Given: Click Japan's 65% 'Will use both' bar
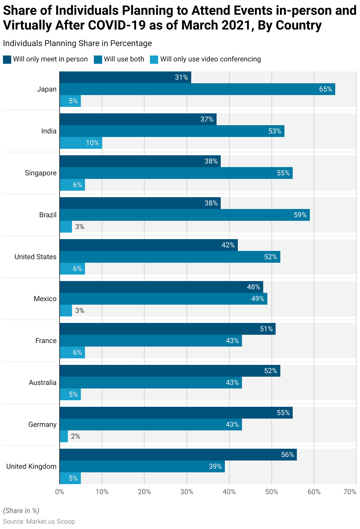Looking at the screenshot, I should coord(197,89).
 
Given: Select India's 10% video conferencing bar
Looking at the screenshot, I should coord(81,143).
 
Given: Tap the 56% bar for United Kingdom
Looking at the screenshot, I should coord(178,455).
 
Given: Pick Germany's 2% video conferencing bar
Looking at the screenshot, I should coord(64,436).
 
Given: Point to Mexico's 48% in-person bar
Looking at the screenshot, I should coord(161,287).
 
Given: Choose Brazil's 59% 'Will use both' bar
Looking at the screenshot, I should coord(185,215).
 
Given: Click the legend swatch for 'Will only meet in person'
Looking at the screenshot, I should coord(7,59).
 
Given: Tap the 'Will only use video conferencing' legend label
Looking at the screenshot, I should coord(210,59).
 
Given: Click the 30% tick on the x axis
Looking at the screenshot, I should coord(187,492).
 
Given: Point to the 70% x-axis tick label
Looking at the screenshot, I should coord(350,492).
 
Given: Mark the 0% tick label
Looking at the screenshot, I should coord(60,492).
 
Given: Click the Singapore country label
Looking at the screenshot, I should coord(41,173).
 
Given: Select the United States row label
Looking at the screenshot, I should coord(35,257).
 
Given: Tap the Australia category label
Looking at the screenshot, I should coord(42,383).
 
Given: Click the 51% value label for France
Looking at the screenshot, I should coord(266,329).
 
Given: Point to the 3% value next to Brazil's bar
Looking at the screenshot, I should coord(80,227).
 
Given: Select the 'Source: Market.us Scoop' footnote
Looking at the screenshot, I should coord(39,522).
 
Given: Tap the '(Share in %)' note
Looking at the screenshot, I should coord(21,511).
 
